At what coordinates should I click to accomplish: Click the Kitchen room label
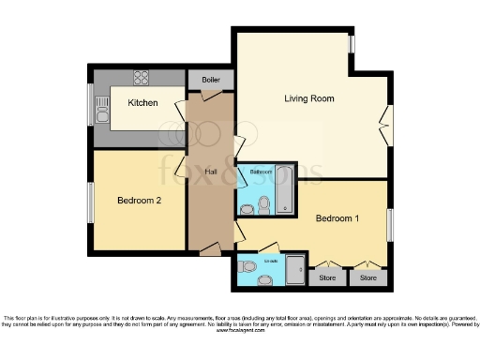pos(143,102)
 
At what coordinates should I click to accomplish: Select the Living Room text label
pos(309,97)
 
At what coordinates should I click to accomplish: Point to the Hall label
pos(211,171)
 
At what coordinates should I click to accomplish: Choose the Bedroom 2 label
pos(139,200)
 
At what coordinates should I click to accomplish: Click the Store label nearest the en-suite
pos(326,277)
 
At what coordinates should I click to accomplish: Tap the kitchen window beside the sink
pos(93,103)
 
